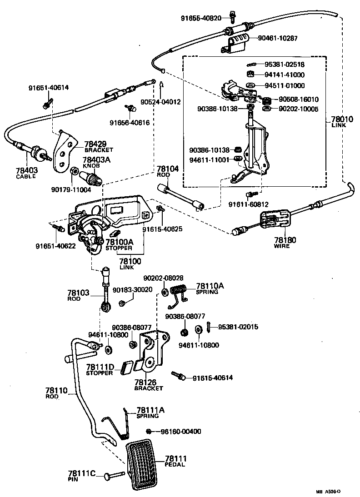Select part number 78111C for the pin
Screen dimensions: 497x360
[x=82, y=473]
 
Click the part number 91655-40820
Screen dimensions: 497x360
[x=201, y=18]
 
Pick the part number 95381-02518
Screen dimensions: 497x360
[x=285, y=64]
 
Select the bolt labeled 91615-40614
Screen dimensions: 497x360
[x=178, y=375]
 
